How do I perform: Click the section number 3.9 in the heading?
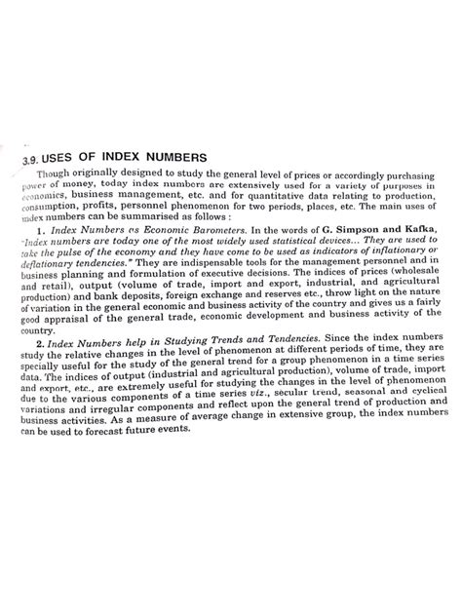[35, 160]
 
